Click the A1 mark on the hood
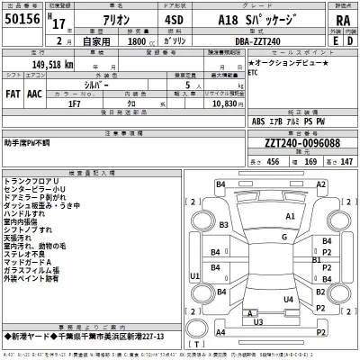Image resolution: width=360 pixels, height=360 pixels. tap(290, 217)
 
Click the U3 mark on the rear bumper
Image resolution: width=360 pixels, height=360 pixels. tap(256, 321)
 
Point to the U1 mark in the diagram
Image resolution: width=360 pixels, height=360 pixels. tap(194, 275)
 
